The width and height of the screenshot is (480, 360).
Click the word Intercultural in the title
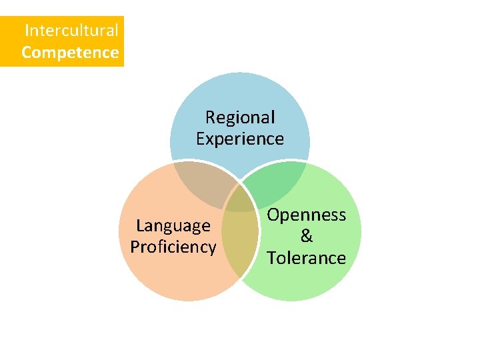coord(71,30)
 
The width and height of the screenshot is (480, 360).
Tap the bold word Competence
coord(70,52)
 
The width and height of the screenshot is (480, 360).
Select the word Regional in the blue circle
coord(240,117)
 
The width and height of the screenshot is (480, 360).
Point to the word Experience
coord(240,139)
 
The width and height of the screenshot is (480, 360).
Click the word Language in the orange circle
coord(173,226)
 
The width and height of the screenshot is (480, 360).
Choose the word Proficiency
coord(173,247)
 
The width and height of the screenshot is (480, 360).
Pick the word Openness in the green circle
coord(307,215)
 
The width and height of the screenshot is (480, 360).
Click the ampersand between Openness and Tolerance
coord(307,236)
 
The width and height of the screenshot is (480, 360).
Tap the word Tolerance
coord(307,257)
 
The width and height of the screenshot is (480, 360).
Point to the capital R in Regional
coord(210,117)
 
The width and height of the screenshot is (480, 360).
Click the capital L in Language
coord(139,226)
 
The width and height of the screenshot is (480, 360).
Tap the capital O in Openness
coord(273,215)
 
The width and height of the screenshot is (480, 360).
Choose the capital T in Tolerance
coord(271,257)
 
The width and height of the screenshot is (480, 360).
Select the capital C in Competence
coord(27,52)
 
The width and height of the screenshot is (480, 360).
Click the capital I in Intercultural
coord(27,30)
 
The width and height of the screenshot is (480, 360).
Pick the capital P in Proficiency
coord(135,247)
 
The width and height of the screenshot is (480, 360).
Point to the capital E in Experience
coord(201,139)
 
